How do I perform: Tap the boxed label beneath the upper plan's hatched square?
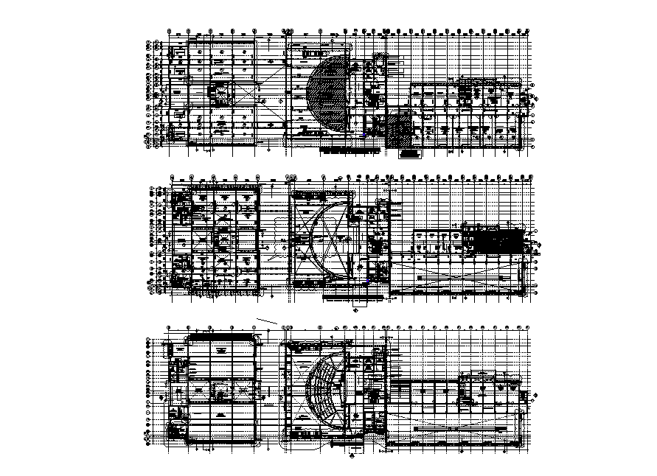[x=409, y=155]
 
